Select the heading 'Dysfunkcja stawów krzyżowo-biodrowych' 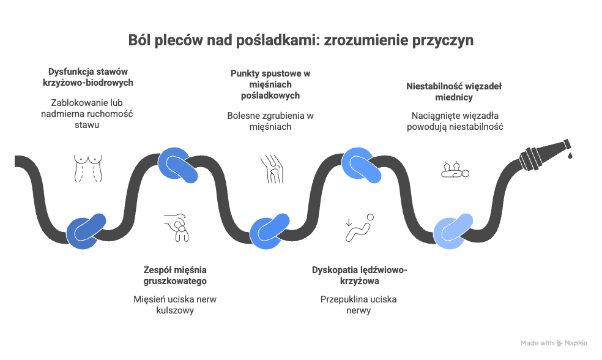[88, 77]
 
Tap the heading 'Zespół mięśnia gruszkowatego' [175, 275]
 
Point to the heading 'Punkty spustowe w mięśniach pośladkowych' [270, 84]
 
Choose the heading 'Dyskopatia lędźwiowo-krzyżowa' [359, 275]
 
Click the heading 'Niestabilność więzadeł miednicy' [454, 91]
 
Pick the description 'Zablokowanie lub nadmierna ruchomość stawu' [87, 114]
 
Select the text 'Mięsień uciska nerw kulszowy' [175, 305]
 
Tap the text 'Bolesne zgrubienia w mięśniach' [270, 121]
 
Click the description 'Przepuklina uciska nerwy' [359, 305]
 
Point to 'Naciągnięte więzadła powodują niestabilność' [455, 121]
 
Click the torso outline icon [88, 168]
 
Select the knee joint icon [272, 168]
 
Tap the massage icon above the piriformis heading [177, 228]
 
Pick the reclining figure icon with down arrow [359, 228]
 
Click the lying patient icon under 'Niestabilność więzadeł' [455, 170]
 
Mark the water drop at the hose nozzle [570, 156]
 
